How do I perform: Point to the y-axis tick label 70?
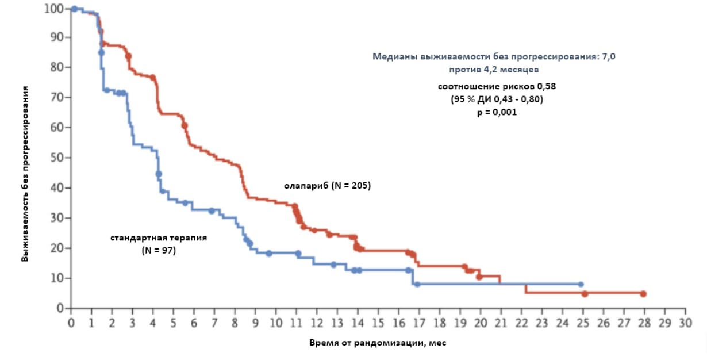(x=57, y=97)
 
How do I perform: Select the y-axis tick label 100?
(x=54, y=9)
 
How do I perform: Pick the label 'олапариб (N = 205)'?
(x=327, y=186)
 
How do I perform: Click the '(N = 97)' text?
(x=158, y=250)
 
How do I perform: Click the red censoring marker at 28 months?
(x=643, y=294)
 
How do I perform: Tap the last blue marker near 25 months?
(x=581, y=284)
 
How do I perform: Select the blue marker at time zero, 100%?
(x=74, y=9)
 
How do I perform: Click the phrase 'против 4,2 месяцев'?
(x=494, y=69)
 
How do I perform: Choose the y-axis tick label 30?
(x=57, y=218)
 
